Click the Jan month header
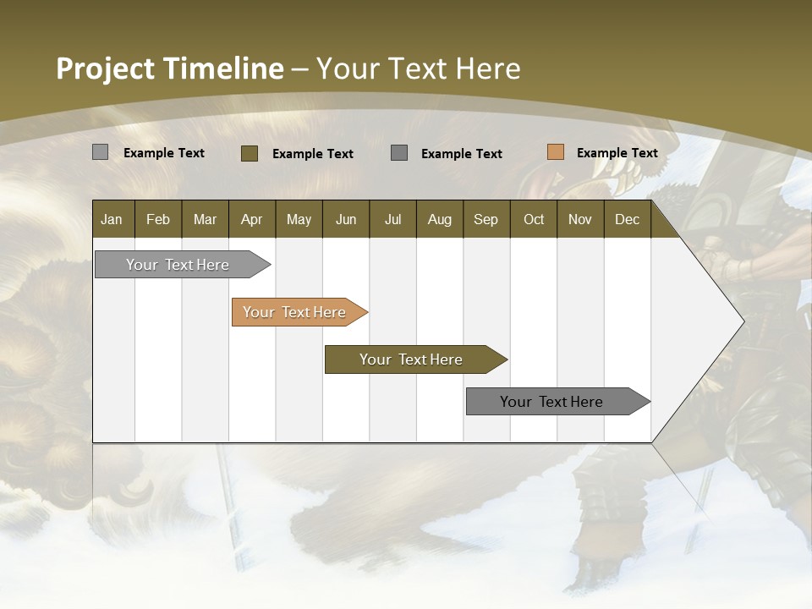point(112,219)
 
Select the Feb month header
point(158,219)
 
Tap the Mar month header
point(205,219)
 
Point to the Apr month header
point(251,219)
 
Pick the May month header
point(299,219)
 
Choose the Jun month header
point(346,219)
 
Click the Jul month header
point(392,219)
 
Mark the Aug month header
point(439,219)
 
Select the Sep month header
point(486,219)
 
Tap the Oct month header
point(534,219)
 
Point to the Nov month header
point(580,219)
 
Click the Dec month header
point(627,219)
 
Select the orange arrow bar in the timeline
point(295,312)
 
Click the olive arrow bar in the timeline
point(412,359)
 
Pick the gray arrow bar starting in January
point(178,265)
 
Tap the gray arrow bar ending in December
point(552,402)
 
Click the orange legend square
point(555,152)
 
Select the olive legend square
point(250,153)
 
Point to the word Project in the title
point(106,69)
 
